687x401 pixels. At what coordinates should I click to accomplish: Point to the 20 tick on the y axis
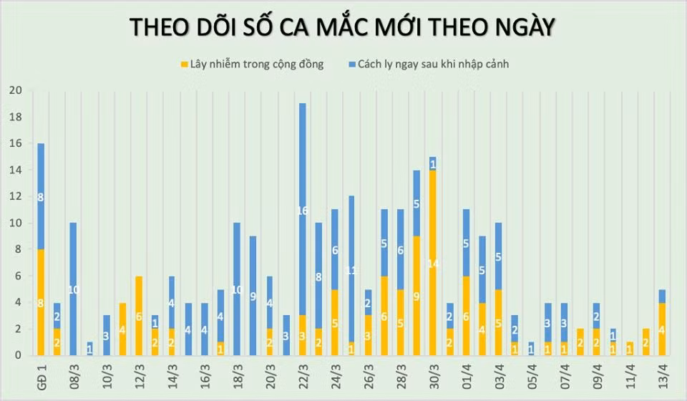[15, 90]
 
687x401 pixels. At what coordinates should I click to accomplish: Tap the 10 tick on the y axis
[15, 223]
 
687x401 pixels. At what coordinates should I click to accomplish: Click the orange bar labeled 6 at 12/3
[139, 316]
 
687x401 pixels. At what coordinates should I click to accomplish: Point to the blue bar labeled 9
[253, 295]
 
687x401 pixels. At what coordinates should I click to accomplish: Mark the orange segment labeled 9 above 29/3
[416, 295]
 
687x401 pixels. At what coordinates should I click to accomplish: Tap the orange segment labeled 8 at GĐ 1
[41, 302]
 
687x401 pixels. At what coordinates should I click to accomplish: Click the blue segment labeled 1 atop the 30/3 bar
[433, 163]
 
